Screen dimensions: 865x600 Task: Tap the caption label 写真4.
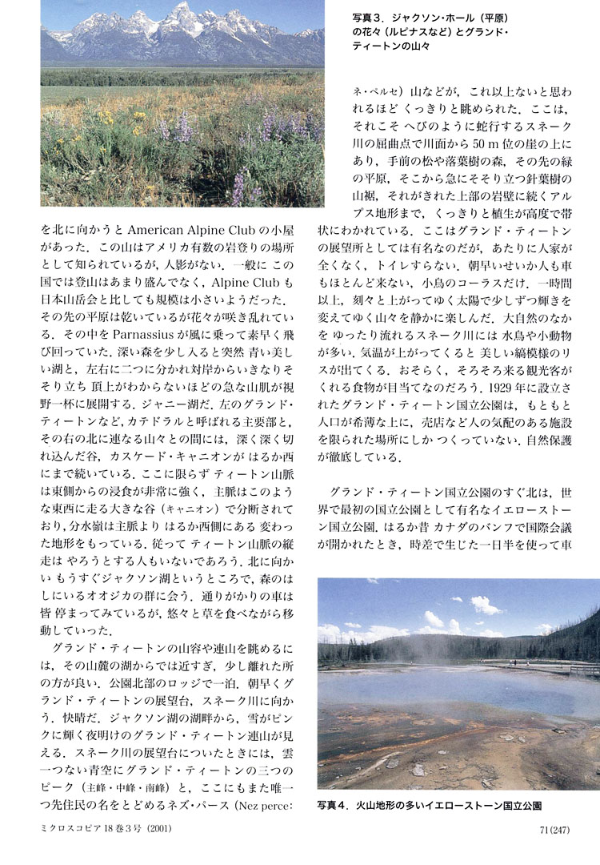[334, 803]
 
